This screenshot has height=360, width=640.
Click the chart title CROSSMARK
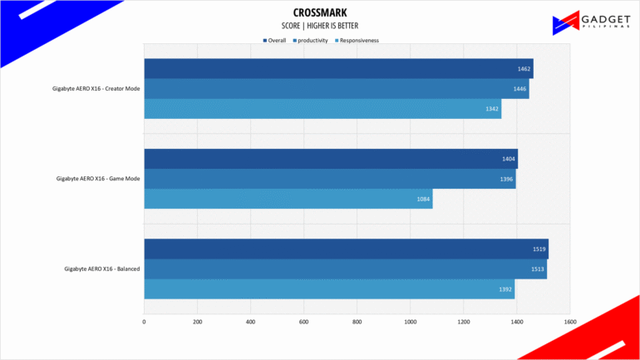coord(320,12)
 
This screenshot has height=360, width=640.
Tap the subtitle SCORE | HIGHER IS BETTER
coord(320,26)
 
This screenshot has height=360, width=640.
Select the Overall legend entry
coord(274,41)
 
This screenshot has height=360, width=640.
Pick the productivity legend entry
coord(310,41)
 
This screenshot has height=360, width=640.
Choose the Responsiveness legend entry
coord(357,41)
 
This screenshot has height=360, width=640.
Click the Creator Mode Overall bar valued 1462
coord(338,68)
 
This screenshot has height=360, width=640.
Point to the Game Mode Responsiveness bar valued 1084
coord(288,199)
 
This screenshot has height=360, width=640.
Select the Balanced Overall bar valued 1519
coord(346,249)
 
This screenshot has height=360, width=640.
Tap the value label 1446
coord(519,89)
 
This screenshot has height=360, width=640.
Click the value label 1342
coord(492,109)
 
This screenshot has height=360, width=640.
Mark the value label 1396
coord(506,180)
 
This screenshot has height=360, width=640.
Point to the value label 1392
coord(505,289)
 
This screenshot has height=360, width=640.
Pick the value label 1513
coord(538,269)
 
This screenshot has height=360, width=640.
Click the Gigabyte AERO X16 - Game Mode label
coord(98,179)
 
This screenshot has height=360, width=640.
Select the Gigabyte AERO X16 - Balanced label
coord(102,269)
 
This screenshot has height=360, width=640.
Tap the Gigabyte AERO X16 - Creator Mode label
coord(96,89)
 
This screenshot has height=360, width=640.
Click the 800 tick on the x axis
coord(357,322)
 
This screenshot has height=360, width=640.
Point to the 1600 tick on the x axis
coord(570,322)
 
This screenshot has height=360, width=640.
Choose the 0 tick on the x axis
coord(144,322)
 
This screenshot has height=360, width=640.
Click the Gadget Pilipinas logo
coord(592,22)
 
